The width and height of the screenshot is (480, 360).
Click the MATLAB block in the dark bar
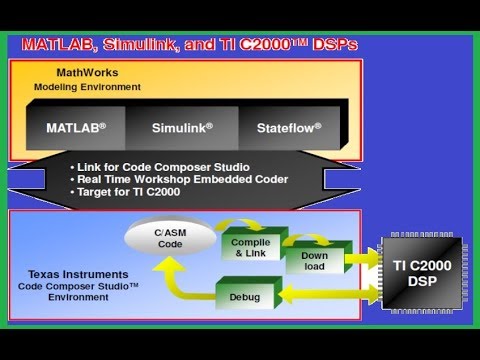tap(76, 128)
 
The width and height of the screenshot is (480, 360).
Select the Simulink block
tap(182, 128)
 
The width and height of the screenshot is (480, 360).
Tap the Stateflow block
tap(289, 128)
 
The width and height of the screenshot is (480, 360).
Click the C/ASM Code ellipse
tap(170, 238)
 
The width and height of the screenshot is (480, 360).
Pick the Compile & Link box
tap(251, 247)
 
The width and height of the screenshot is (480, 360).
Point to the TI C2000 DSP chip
tap(422, 273)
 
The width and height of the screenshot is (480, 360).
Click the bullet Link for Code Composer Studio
tap(160, 167)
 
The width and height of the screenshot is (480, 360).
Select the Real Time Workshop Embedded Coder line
tap(179, 179)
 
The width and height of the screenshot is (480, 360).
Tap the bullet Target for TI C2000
tap(125, 192)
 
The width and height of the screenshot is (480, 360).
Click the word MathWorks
tap(87, 72)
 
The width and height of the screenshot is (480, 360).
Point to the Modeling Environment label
tap(87, 87)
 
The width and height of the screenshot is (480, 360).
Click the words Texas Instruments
tap(78, 274)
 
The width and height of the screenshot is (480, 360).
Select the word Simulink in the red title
tap(142, 45)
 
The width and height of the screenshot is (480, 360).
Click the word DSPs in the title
tap(335, 45)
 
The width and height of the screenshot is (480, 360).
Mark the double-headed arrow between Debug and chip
tap(329, 293)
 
